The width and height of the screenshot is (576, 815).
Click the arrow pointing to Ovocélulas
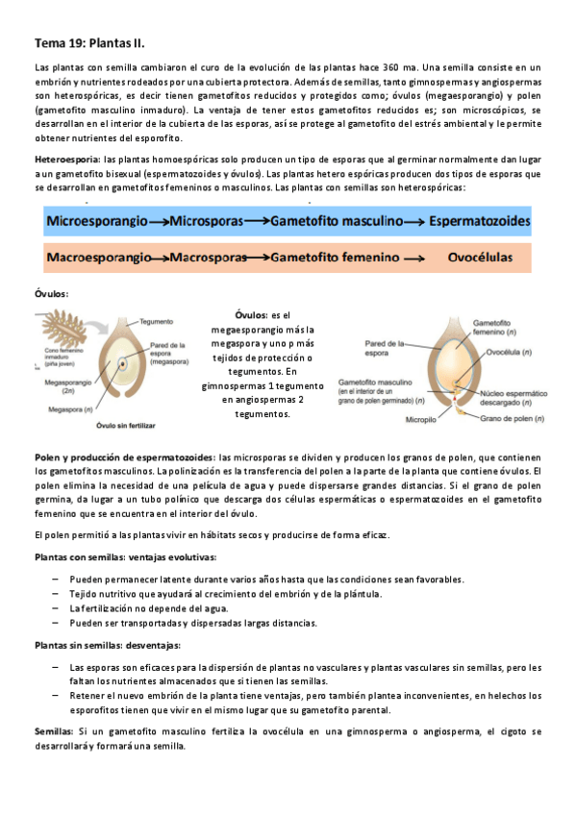[413, 259]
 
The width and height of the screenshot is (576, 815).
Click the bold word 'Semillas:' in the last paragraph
[54, 732]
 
